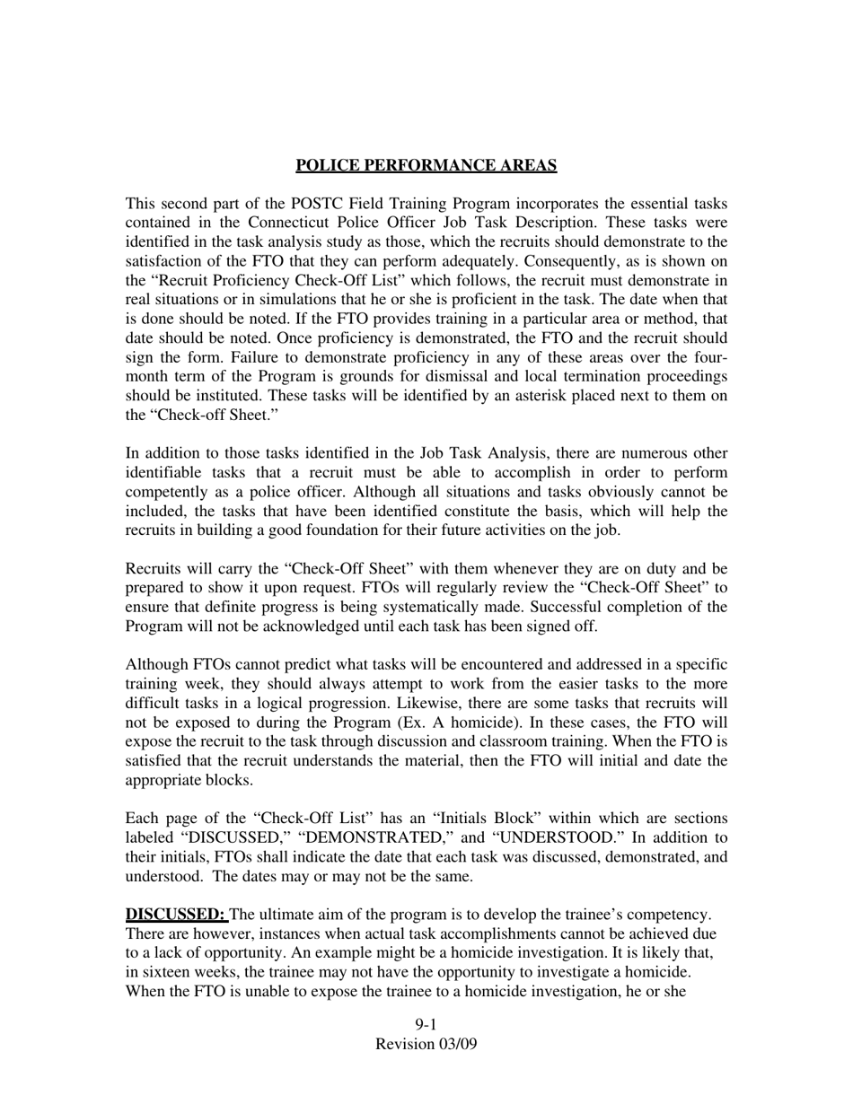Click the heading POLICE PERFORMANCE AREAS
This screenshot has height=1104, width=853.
[x=426, y=165]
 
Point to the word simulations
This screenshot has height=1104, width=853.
[x=303, y=300]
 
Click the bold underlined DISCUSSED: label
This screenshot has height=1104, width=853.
[x=176, y=915]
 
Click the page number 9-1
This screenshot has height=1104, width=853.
[x=426, y=1025]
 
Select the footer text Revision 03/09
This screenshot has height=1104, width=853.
[x=426, y=1044]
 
